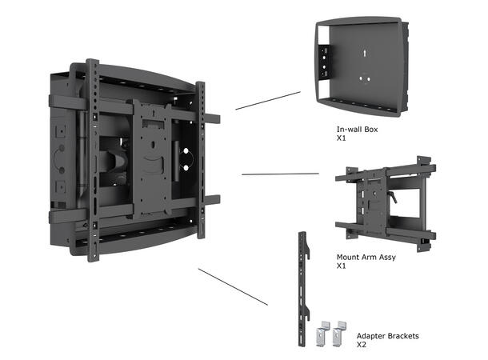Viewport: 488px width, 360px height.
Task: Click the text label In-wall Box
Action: [355, 128]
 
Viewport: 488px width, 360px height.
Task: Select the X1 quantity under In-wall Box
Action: [342, 138]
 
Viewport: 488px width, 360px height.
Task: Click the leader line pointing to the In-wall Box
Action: [267, 100]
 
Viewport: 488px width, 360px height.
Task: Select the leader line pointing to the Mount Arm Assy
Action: [279, 173]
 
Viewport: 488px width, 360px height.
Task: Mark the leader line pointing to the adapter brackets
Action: [233, 286]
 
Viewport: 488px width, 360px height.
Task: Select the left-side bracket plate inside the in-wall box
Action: [323, 68]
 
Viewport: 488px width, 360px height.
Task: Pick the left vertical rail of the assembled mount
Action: [92, 160]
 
